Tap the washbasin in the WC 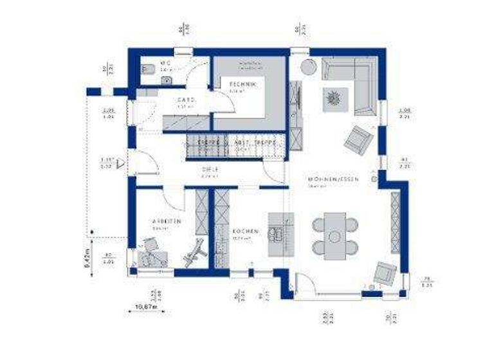coord(166,80)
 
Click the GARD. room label coord(186,100)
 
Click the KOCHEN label coord(246,231)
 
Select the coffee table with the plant coord(334,98)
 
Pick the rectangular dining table coord(334,236)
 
